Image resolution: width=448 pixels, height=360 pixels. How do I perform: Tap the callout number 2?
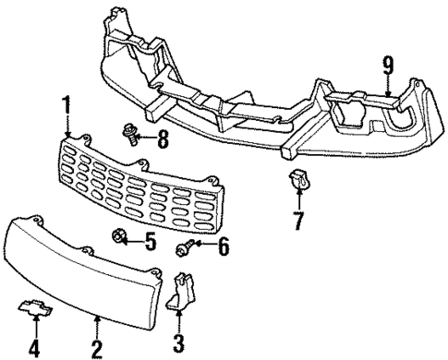[x=97, y=348]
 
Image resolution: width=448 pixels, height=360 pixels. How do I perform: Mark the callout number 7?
[x=297, y=222]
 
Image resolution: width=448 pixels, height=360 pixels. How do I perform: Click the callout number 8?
[x=163, y=141]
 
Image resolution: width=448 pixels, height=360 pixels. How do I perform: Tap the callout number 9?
[x=389, y=64]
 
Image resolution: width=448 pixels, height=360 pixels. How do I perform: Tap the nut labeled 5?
[x=119, y=241]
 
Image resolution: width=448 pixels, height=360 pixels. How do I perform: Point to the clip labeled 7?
[x=297, y=180]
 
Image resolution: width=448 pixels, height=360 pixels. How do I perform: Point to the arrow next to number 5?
[x=134, y=243]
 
